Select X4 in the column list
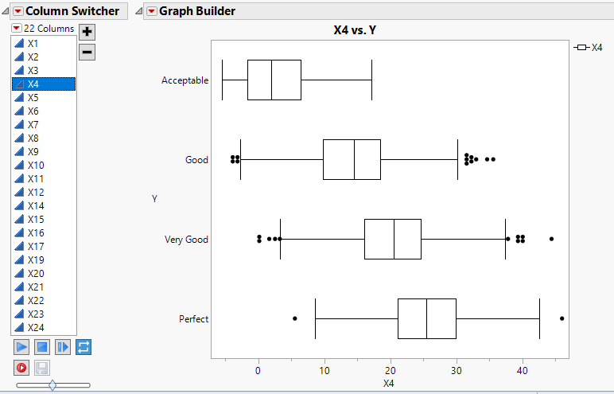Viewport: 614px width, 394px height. (x=33, y=84)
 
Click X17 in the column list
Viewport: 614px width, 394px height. (x=35, y=247)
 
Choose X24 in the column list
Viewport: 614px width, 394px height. (x=35, y=328)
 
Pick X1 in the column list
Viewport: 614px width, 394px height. (x=33, y=44)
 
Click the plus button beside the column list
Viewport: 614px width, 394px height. (x=87, y=32)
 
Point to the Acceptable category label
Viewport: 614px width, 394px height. (x=185, y=80)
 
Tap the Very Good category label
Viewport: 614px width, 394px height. (x=186, y=240)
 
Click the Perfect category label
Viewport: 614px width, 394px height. (x=193, y=319)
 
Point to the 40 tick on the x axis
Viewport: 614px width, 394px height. (x=522, y=370)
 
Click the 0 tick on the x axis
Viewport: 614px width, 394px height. (x=258, y=370)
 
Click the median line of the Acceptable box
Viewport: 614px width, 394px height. (x=272, y=80)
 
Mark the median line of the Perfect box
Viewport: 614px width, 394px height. (x=426, y=318)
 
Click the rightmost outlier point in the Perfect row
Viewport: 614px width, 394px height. (x=562, y=318)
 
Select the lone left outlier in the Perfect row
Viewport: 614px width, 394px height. (x=295, y=318)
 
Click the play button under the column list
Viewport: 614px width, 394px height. (x=21, y=347)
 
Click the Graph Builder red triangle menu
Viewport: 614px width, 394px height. (x=151, y=11)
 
